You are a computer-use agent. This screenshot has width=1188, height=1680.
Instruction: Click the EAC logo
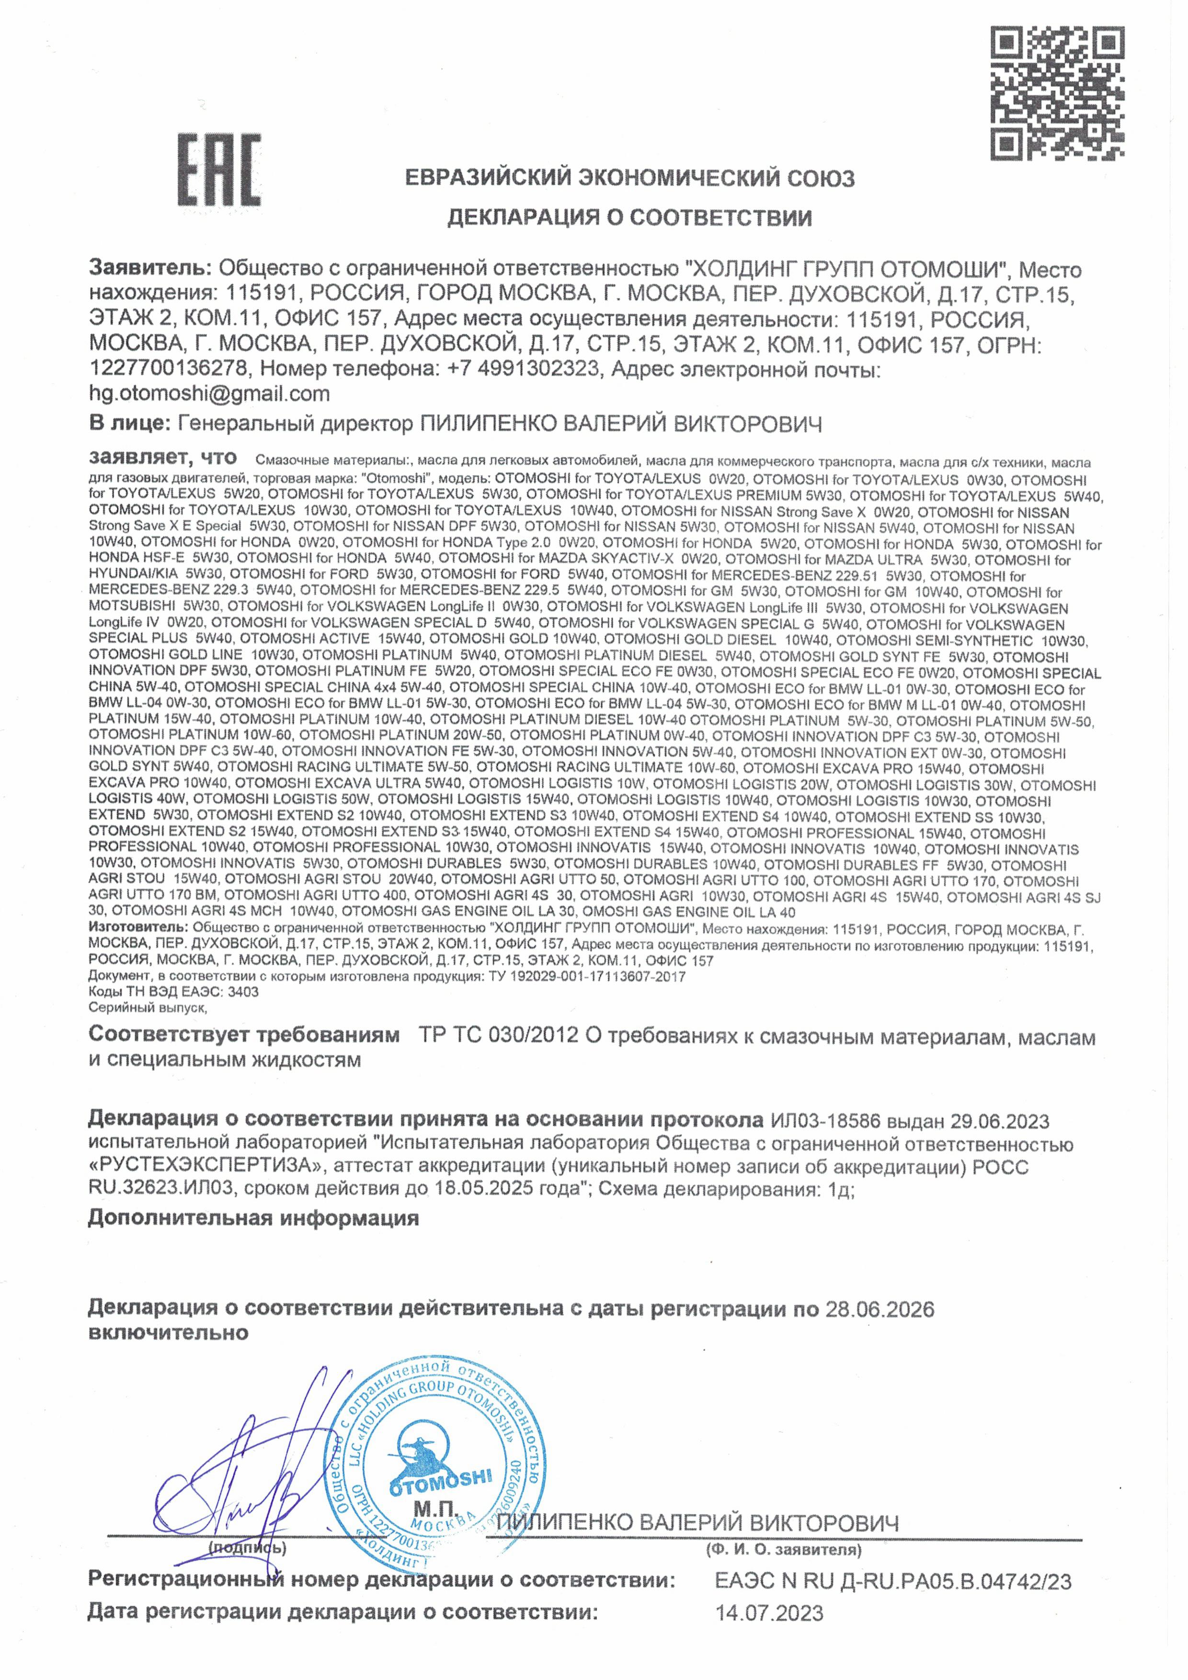pyautogui.click(x=219, y=170)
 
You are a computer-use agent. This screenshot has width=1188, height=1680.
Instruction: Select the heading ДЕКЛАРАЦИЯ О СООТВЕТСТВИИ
pyautogui.click(x=629, y=218)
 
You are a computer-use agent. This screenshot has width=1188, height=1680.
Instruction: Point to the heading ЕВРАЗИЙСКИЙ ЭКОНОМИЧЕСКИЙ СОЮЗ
pyautogui.click(x=629, y=178)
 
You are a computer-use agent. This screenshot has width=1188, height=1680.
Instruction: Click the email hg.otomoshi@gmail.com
pyautogui.click(x=209, y=394)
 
